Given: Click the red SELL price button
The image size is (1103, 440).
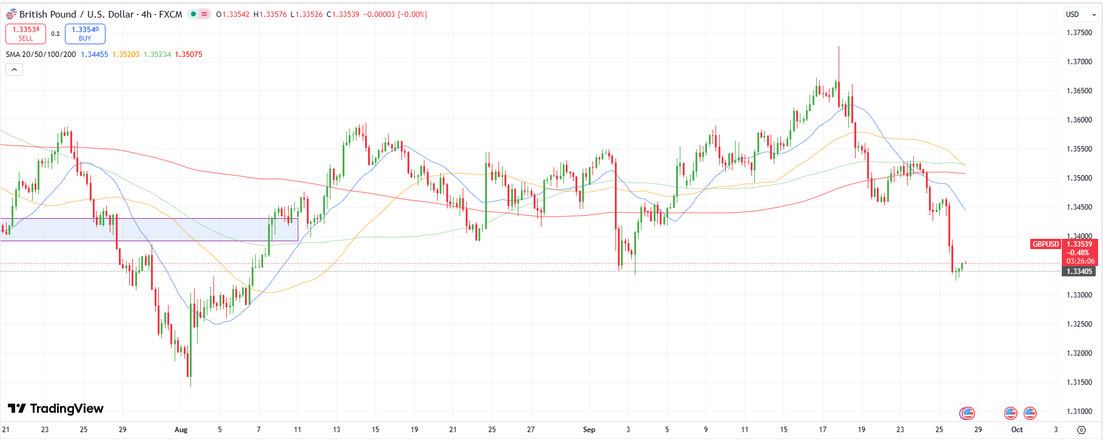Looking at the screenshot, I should coord(25,34).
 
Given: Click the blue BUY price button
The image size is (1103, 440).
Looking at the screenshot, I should coord(85,34).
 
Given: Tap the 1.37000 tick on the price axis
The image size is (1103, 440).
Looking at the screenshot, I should coord(1079,62).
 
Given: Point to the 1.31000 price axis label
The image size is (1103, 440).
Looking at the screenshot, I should coord(1079,412).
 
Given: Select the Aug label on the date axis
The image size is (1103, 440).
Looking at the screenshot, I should coord(181,430).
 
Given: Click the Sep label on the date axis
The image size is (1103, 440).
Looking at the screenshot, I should coord(589,430).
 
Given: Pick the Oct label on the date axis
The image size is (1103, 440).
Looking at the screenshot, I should coord(1017,430).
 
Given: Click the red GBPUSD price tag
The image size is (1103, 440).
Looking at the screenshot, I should coord(1045,244).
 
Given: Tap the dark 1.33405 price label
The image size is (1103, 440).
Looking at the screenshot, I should coord(1079,272).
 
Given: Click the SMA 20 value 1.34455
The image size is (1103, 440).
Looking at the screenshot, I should coord(94,55).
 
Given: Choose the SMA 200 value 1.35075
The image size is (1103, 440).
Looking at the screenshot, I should coord(189,55).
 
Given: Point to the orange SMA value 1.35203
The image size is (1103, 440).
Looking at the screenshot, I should coord(126,55).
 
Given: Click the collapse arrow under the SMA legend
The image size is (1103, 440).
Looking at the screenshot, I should coord(14,70).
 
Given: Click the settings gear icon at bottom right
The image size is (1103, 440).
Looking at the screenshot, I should coord(1081,430).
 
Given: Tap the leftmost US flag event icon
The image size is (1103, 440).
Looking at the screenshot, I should coord(967,413).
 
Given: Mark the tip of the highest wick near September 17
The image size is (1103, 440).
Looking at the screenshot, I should coord(839,47).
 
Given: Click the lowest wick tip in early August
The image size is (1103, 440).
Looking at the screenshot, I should coord(191,386).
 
